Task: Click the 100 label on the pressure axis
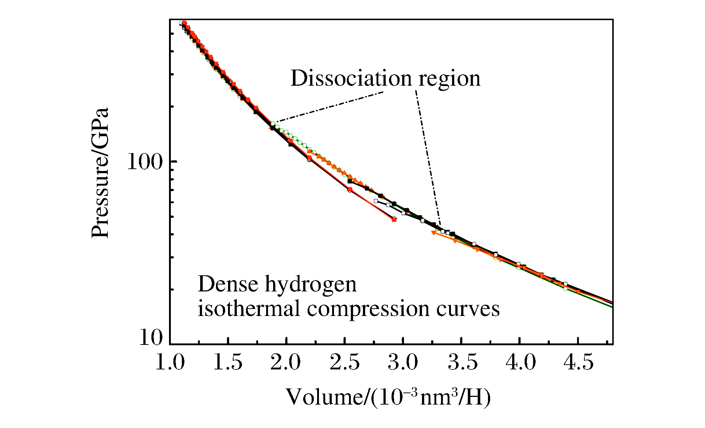144,162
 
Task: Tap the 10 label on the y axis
151,337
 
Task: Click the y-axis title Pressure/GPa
100,173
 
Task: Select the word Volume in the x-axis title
324,397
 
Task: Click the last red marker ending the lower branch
394,220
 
